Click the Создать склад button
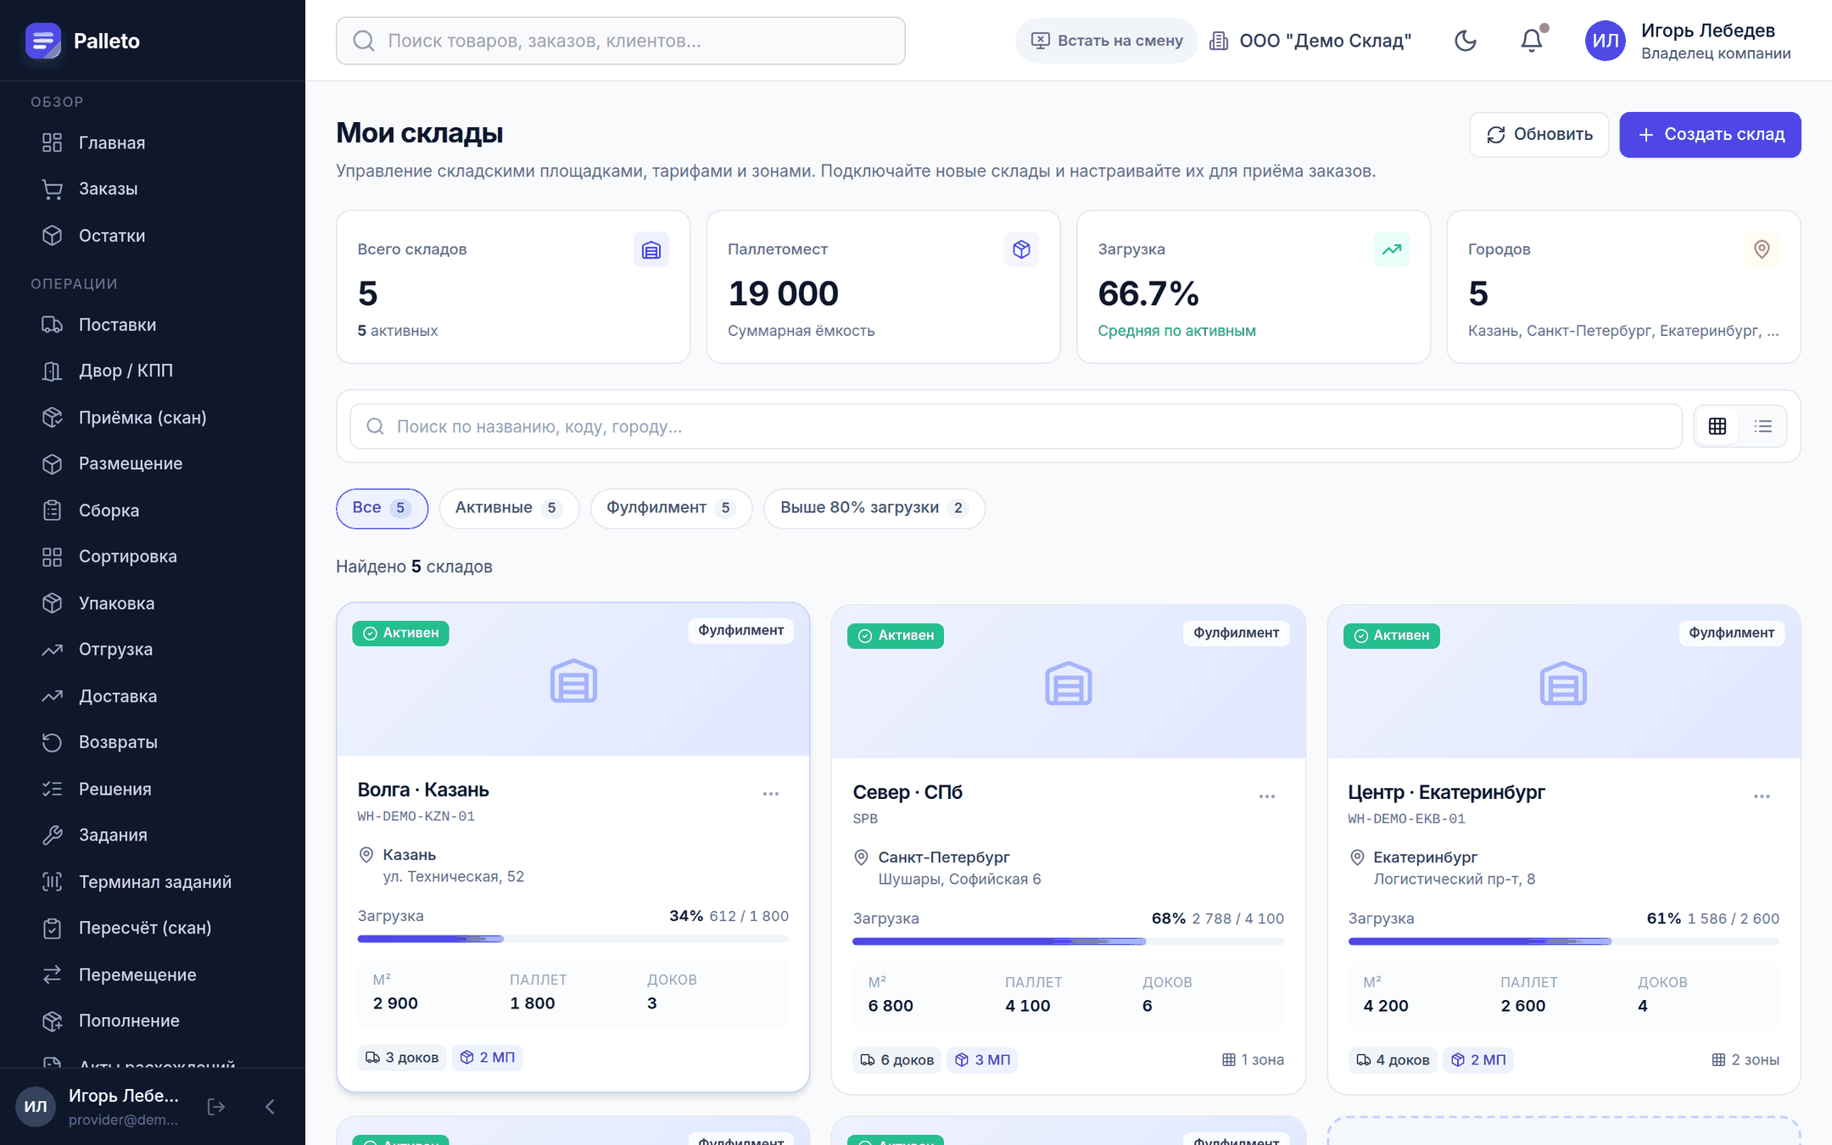pos(1710,135)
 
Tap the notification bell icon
pos(1532,40)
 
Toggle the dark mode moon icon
pos(1466,40)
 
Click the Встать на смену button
pos(1106,41)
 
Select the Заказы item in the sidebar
pos(108,189)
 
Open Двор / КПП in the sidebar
pos(126,371)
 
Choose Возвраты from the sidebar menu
pos(118,742)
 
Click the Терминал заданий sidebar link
pos(154,882)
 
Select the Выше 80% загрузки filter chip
pos(874,508)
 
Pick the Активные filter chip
pos(508,508)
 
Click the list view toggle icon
pos(1763,427)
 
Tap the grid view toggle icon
pos(1717,427)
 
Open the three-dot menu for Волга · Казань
pos(771,794)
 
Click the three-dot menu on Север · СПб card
pos(1267,796)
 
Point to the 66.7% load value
pos(1148,293)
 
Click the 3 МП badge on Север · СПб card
pos(982,1060)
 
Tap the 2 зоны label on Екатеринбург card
pos(1745,1060)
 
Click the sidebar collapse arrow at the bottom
pos(270,1107)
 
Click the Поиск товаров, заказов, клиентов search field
pos(621,41)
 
